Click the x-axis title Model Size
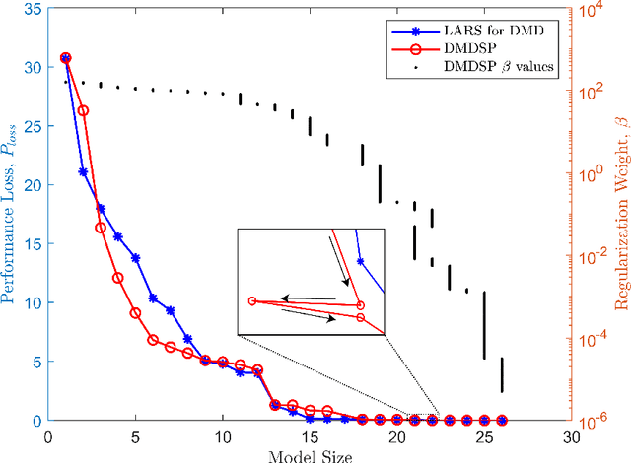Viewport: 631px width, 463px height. [x=310, y=455]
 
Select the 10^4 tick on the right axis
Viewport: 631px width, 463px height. [x=595, y=12]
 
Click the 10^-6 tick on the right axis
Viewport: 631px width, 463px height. [x=595, y=421]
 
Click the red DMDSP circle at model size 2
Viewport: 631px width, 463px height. [x=83, y=110]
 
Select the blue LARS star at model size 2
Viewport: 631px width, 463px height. [x=83, y=171]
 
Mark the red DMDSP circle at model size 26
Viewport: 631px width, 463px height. [x=502, y=420]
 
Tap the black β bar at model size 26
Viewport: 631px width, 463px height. [x=502, y=375]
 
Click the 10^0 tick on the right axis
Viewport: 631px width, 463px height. [x=595, y=174]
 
